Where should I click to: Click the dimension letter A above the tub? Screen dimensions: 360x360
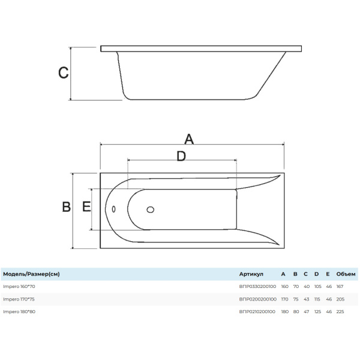188,139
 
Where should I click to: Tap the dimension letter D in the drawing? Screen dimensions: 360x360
181,156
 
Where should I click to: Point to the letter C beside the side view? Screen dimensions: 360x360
63,73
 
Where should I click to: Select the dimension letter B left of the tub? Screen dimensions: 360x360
67,207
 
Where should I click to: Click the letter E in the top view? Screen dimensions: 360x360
86,207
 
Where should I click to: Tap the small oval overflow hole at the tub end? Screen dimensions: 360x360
114,209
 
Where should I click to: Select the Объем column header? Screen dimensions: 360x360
346,274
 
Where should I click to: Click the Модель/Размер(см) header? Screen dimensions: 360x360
31,274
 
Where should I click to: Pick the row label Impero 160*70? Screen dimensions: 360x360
19,286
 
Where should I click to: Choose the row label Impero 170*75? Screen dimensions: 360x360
19,299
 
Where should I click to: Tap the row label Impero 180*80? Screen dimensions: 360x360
19,311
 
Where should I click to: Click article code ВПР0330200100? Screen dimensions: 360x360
257,286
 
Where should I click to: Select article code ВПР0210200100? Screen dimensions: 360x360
257,311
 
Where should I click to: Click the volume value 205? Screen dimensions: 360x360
340,299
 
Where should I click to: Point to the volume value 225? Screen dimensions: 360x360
340,311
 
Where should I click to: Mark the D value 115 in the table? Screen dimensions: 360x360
317,299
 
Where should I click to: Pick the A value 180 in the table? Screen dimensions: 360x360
284,311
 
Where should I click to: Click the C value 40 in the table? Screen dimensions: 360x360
306,286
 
